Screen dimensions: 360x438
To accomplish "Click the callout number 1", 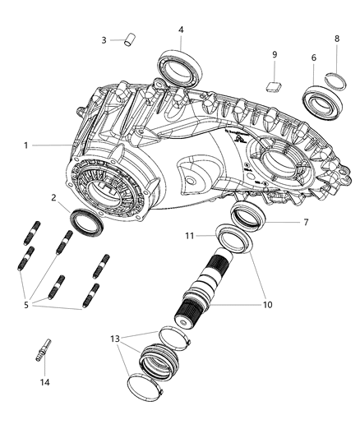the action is coord(26,145).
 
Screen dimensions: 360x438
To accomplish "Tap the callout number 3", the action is coord(104,40).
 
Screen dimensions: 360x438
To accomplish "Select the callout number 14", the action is coord(44,382).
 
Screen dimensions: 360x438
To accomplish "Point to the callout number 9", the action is coord(275,54).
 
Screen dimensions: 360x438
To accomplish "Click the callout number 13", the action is coord(115,339).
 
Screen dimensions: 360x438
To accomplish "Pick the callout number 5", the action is coord(26,305).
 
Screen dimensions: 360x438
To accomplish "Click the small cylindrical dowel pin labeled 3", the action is coord(130,39).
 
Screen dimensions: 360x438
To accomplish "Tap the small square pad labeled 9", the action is coord(273,85).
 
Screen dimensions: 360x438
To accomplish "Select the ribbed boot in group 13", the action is coord(159,361).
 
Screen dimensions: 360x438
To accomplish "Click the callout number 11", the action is coord(190,236).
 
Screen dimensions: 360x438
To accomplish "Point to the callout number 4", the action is coord(182,30).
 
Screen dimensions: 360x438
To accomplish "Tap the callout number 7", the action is coord(306,223).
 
